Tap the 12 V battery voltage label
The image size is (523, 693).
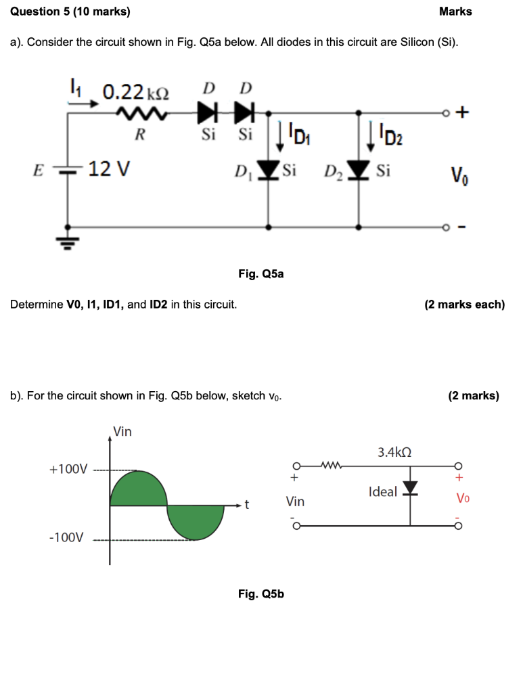click(x=109, y=168)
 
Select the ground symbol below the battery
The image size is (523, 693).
click(x=68, y=239)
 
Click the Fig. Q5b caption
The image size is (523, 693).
click(x=261, y=594)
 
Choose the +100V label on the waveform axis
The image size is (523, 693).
click(x=68, y=469)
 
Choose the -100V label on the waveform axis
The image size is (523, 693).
click(x=67, y=538)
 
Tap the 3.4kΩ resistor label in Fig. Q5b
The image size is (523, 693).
click(x=394, y=451)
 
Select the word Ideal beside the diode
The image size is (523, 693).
click(x=383, y=492)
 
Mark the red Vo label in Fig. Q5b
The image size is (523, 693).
click(x=462, y=499)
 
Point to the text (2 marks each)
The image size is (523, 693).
click(x=464, y=304)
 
